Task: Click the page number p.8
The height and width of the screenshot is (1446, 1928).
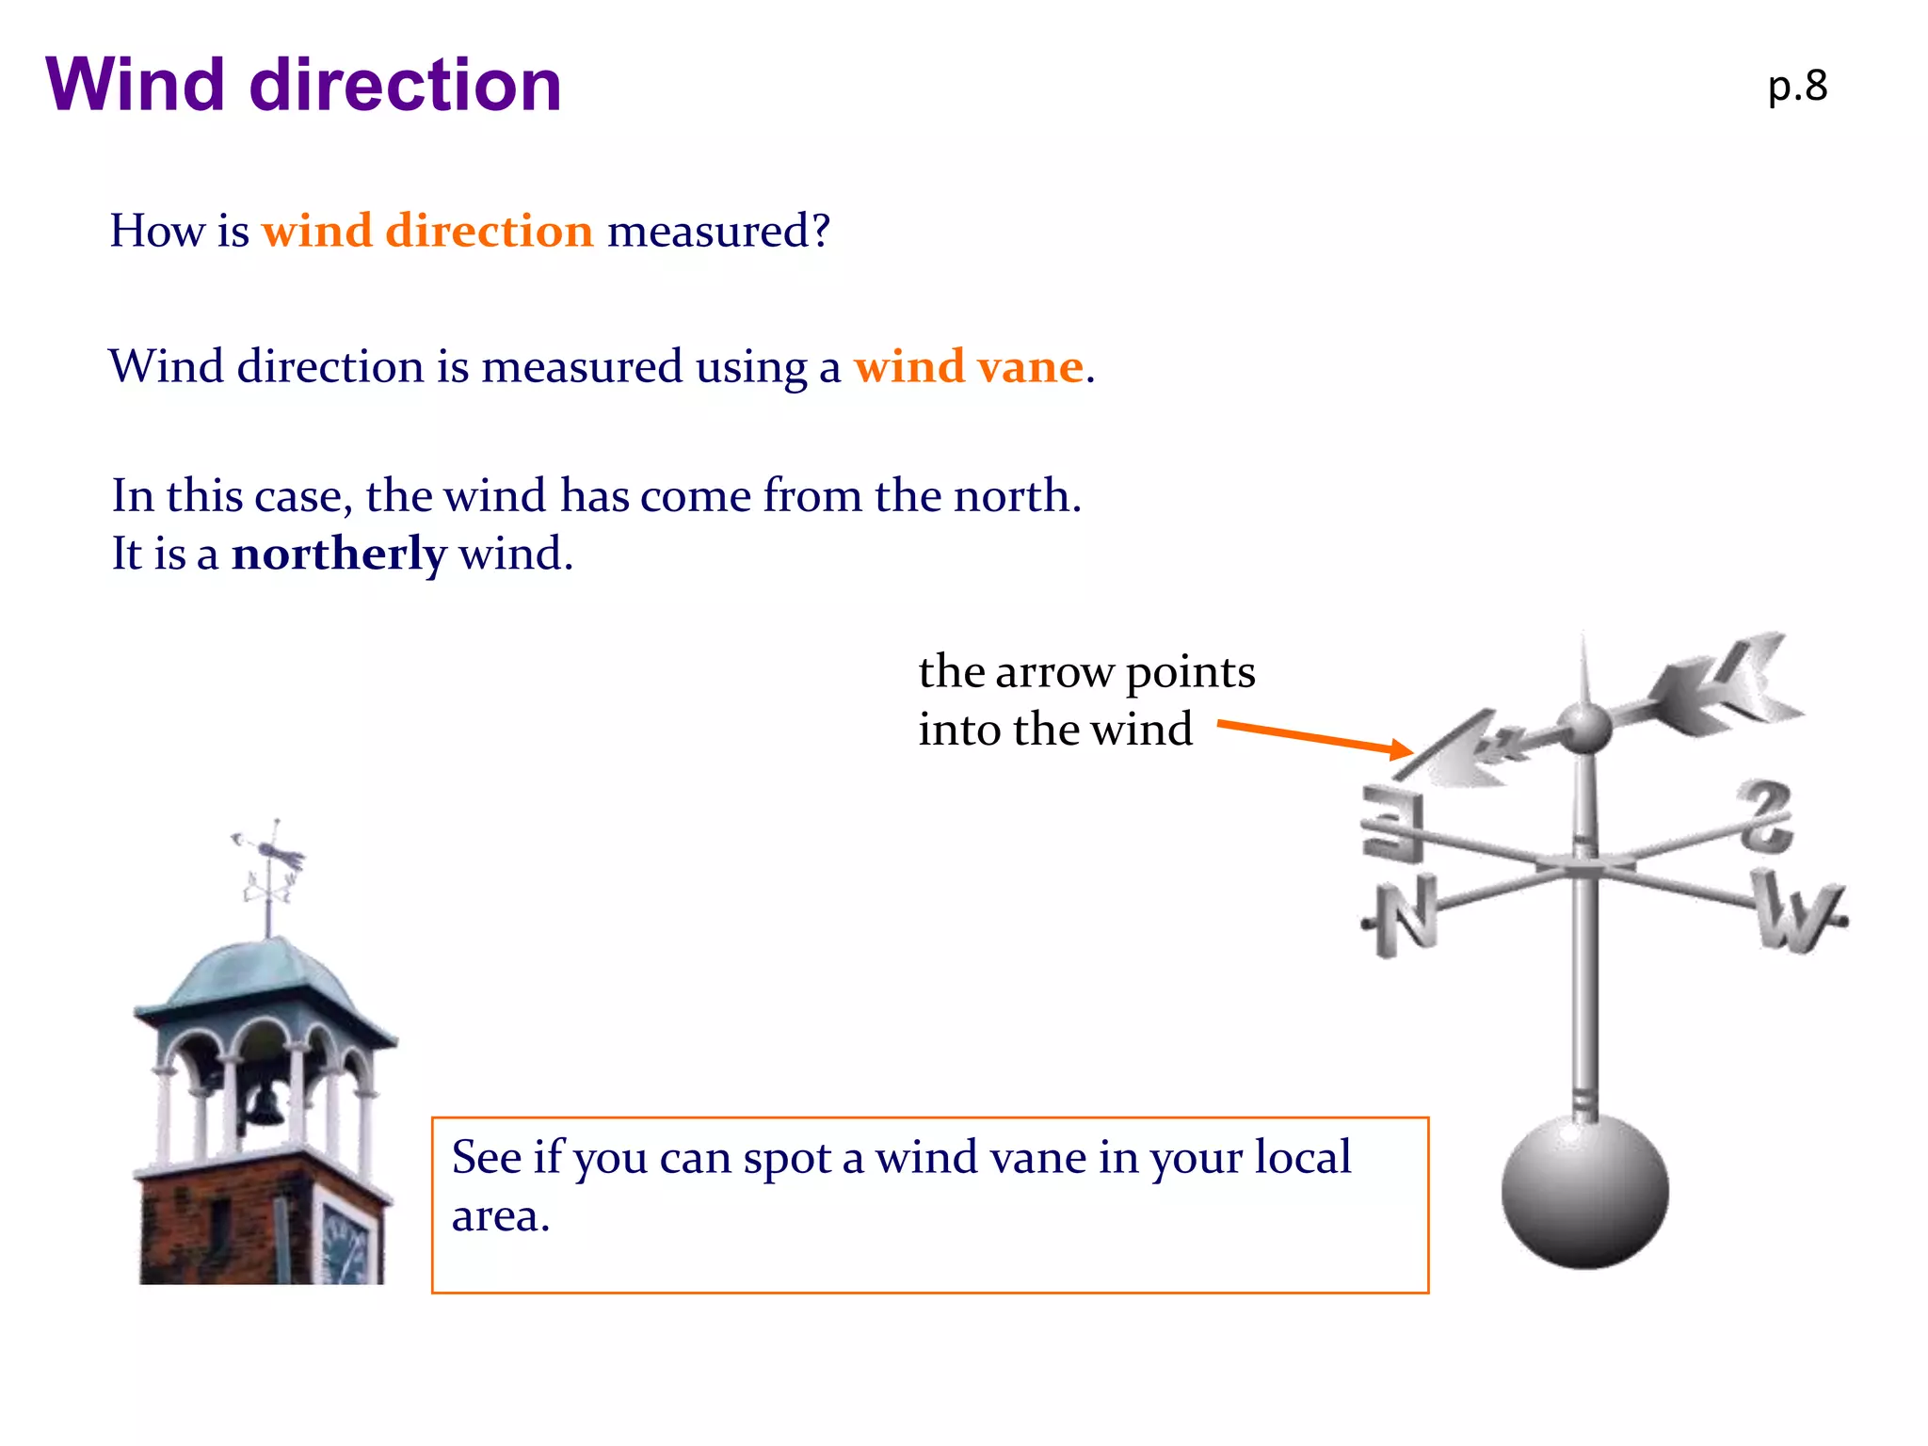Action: (x=1797, y=87)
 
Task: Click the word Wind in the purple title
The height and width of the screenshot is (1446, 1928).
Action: (x=135, y=85)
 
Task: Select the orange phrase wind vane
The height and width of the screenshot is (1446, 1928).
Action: (x=969, y=366)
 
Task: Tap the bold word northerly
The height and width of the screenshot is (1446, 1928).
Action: (x=339, y=554)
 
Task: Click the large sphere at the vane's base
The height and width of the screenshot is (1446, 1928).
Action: (x=1584, y=1191)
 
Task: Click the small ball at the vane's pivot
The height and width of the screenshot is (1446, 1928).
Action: (x=1584, y=728)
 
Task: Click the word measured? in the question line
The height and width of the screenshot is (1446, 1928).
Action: (x=718, y=231)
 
